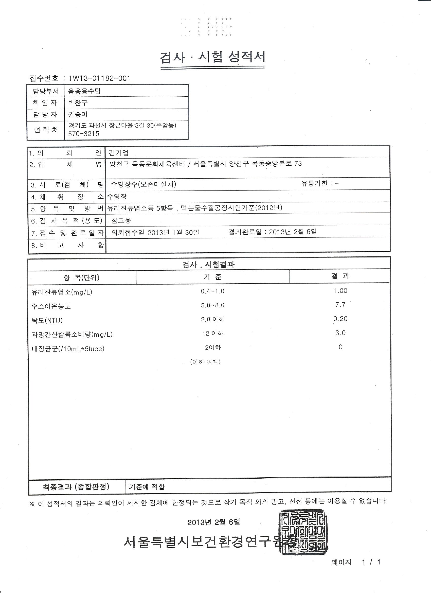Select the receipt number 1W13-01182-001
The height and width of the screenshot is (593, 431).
tap(99, 78)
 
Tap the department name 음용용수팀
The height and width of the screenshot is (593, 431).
tap(84, 91)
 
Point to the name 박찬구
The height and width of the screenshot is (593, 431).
tap(78, 103)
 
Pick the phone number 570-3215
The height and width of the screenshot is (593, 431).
tap(84, 134)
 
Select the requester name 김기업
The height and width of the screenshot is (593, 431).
tap(118, 153)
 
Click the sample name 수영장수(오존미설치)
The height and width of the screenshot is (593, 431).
tap(143, 184)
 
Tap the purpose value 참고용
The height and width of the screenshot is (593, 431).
tap(121, 220)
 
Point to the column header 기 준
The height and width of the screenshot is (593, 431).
tap(212, 277)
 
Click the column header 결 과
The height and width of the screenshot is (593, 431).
tap(340, 276)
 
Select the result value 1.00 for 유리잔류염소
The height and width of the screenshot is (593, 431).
tap(340, 291)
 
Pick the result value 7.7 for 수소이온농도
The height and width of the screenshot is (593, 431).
tap(340, 305)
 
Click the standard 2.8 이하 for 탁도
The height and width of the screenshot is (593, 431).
tap(212, 319)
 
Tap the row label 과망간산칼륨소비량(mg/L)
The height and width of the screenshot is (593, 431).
tap(72, 334)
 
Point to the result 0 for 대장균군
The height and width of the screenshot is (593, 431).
tap(340, 347)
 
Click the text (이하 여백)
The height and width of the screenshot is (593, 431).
tap(205, 362)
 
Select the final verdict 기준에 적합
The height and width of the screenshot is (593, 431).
tap(147, 486)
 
